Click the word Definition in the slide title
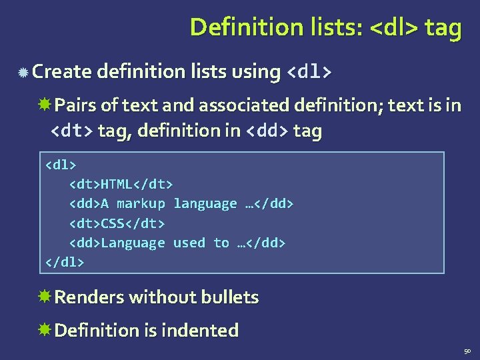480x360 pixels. pyautogui.click(x=231, y=27)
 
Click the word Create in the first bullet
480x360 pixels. pyautogui.click(x=60, y=71)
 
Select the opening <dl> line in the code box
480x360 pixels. pyautogui.click(x=61, y=163)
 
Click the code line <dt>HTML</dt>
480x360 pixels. pyautogui.click(x=121, y=183)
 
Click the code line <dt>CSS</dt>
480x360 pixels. pyautogui.click(x=117, y=223)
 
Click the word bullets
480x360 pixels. pyautogui.click(x=229, y=297)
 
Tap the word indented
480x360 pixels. pyautogui.click(x=207, y=330)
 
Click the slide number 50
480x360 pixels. pyautogui.click(x=467, y=351)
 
